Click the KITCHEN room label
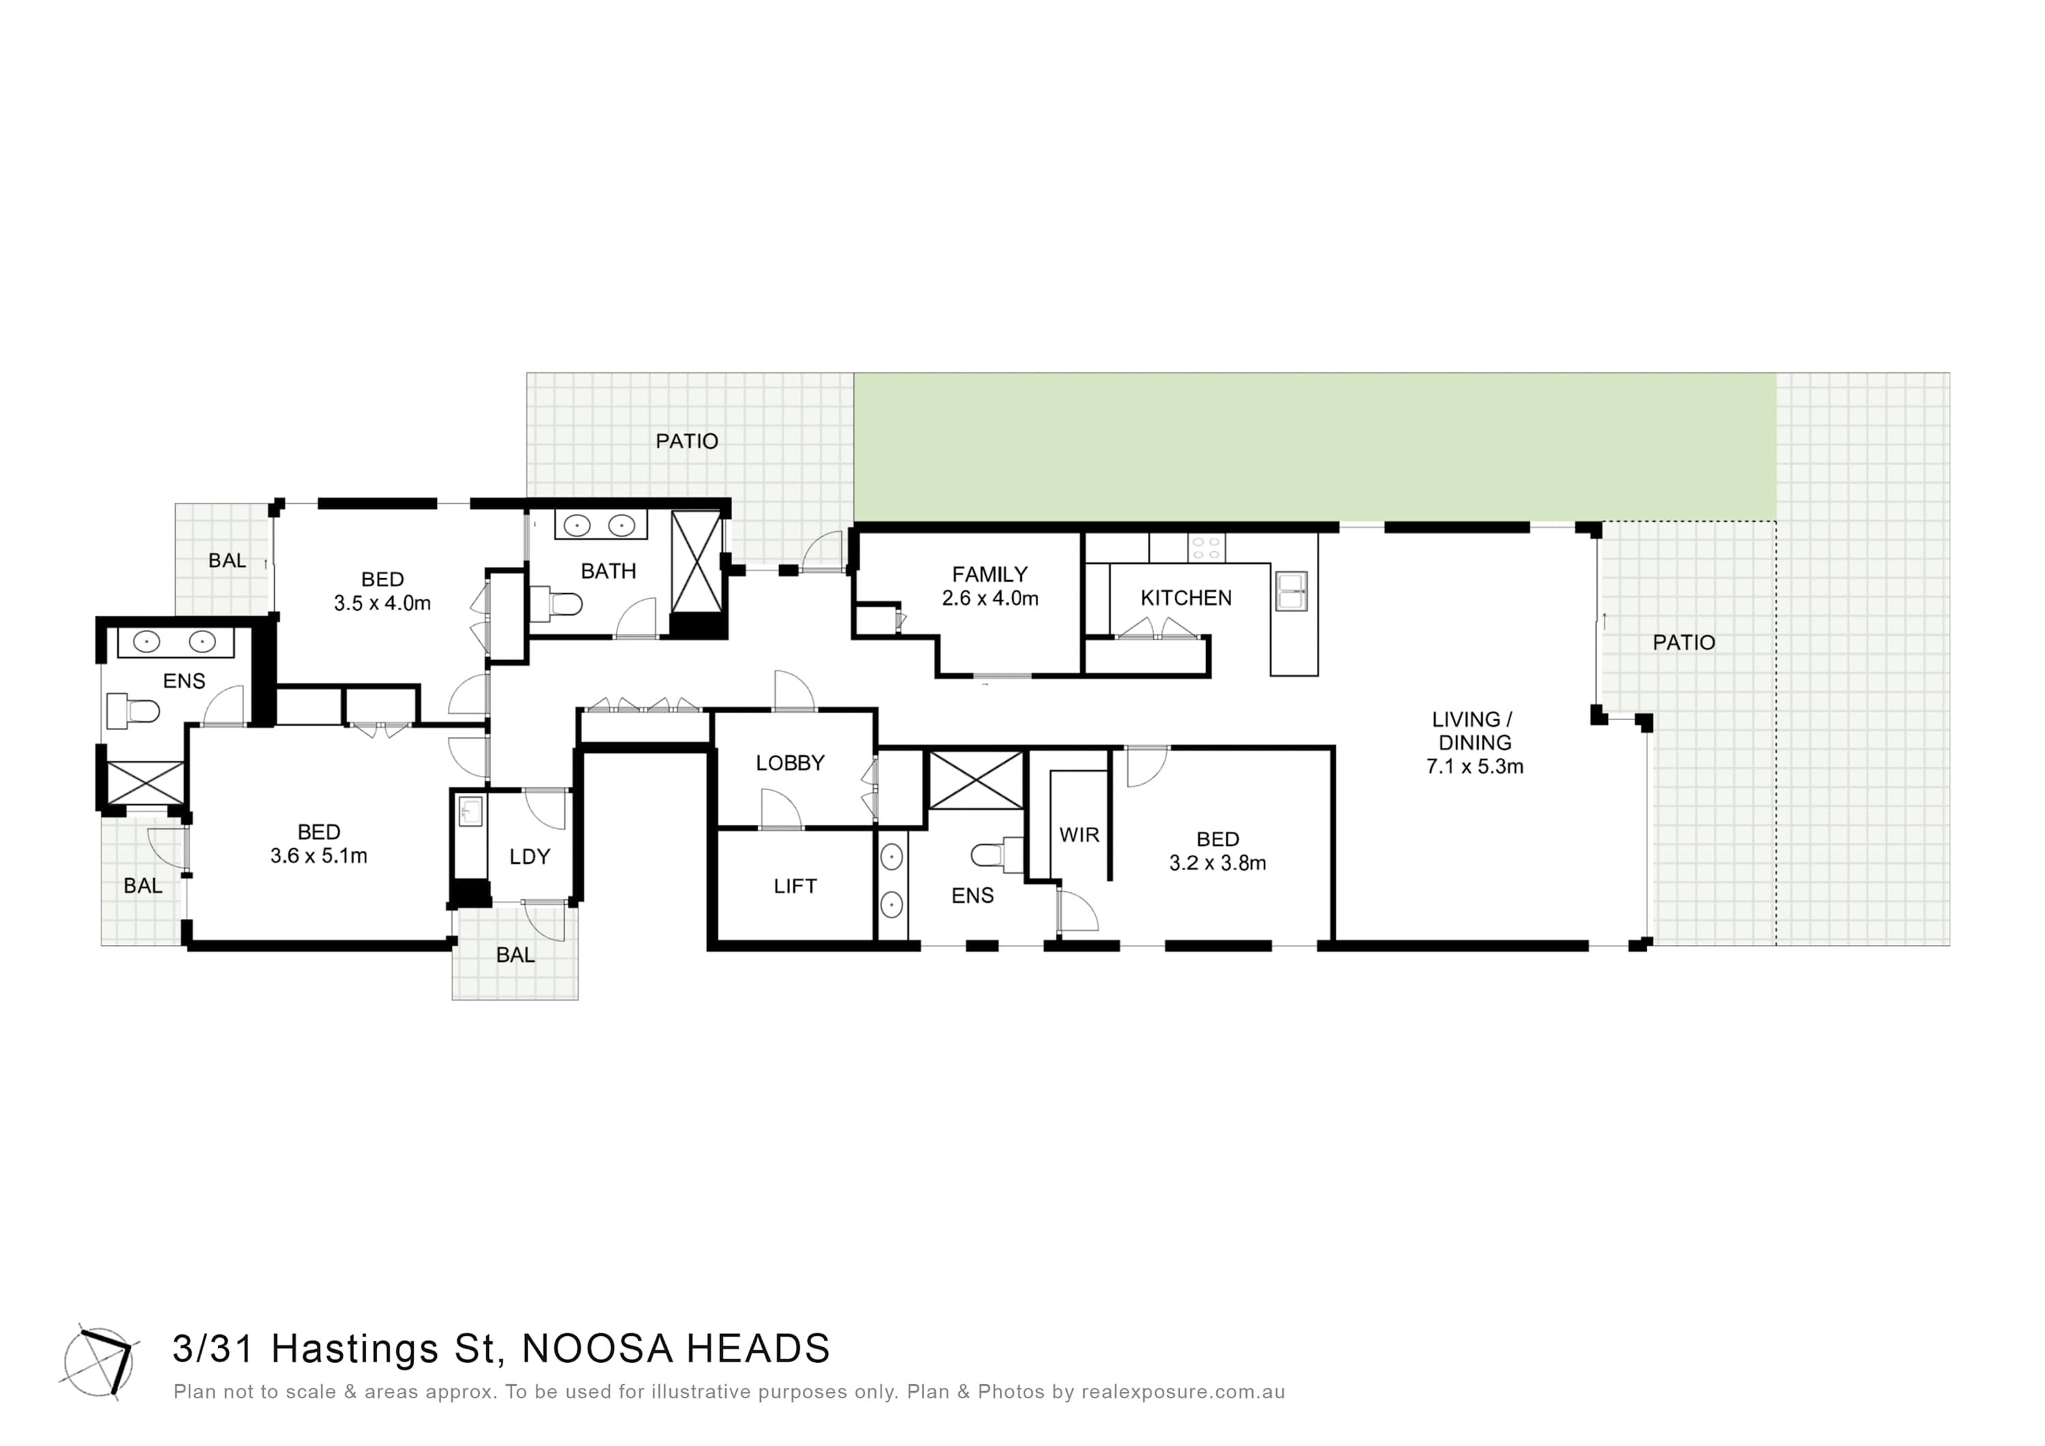click(x=1185, y=598)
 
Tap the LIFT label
click(x=796, y=886)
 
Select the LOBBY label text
click(x=790, y=763)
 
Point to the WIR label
click(x=1080, y=835)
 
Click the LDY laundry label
click(x=530, y=856)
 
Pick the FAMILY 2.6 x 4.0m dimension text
click(x=990, y=599)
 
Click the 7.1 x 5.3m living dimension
click(x=1475, y=766)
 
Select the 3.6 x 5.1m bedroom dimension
click(x=319, y=856)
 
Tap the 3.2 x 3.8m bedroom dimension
click(x=1217, y=862)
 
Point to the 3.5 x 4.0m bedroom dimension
click(x=382, y=603)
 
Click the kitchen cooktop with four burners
click(x=1207, y=548)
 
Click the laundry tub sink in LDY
click(x=470, y=812)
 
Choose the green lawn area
click(x=1315, y=447)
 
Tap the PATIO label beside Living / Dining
click(x=1684, y=642)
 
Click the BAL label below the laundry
click(x=515, y=954)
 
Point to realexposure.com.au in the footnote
click(x=1183, y=1391)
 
